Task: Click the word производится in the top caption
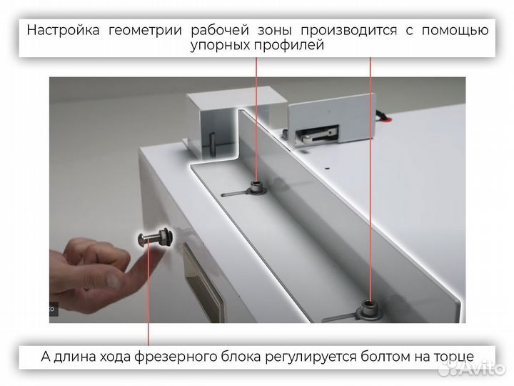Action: click(x=339, y=30)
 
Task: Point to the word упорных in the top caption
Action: click(x=222, y=46)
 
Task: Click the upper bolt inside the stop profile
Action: click(x=256, y=189)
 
